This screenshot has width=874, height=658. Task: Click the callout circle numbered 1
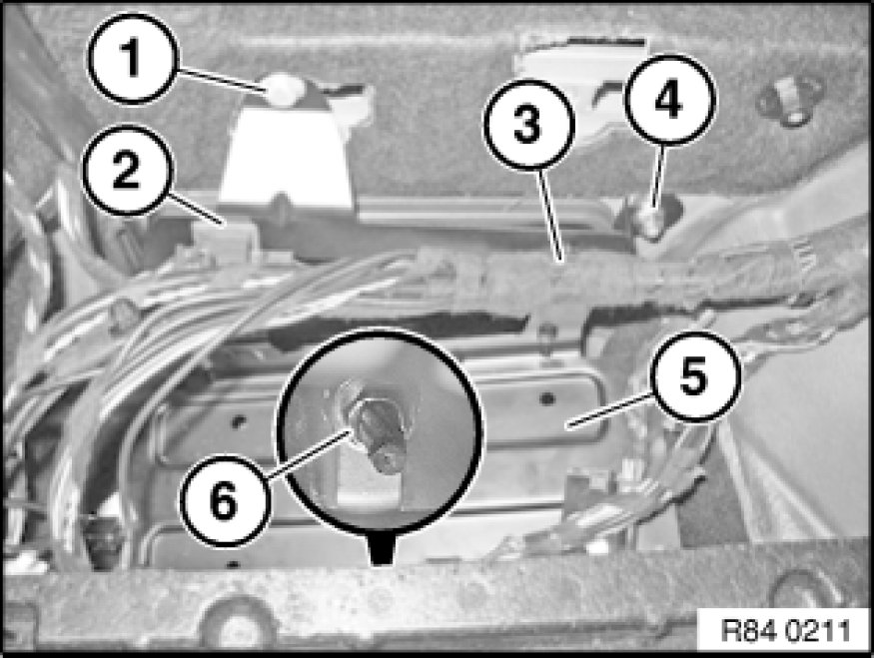(x=133, y=58)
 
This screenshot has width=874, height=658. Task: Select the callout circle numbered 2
(x=127, y=170)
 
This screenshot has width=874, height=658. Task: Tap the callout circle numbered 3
(x=528, y=124)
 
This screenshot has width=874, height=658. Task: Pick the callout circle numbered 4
(x=669, y=100)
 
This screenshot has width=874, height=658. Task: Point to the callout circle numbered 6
(x=225, y=500)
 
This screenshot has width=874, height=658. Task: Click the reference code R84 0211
(x=785, y=631)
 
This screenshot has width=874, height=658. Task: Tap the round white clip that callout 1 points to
(x=285, y=89)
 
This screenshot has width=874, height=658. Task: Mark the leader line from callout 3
(x=549, y=214)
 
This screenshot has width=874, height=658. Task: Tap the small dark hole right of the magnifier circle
(x=547, y=398)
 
